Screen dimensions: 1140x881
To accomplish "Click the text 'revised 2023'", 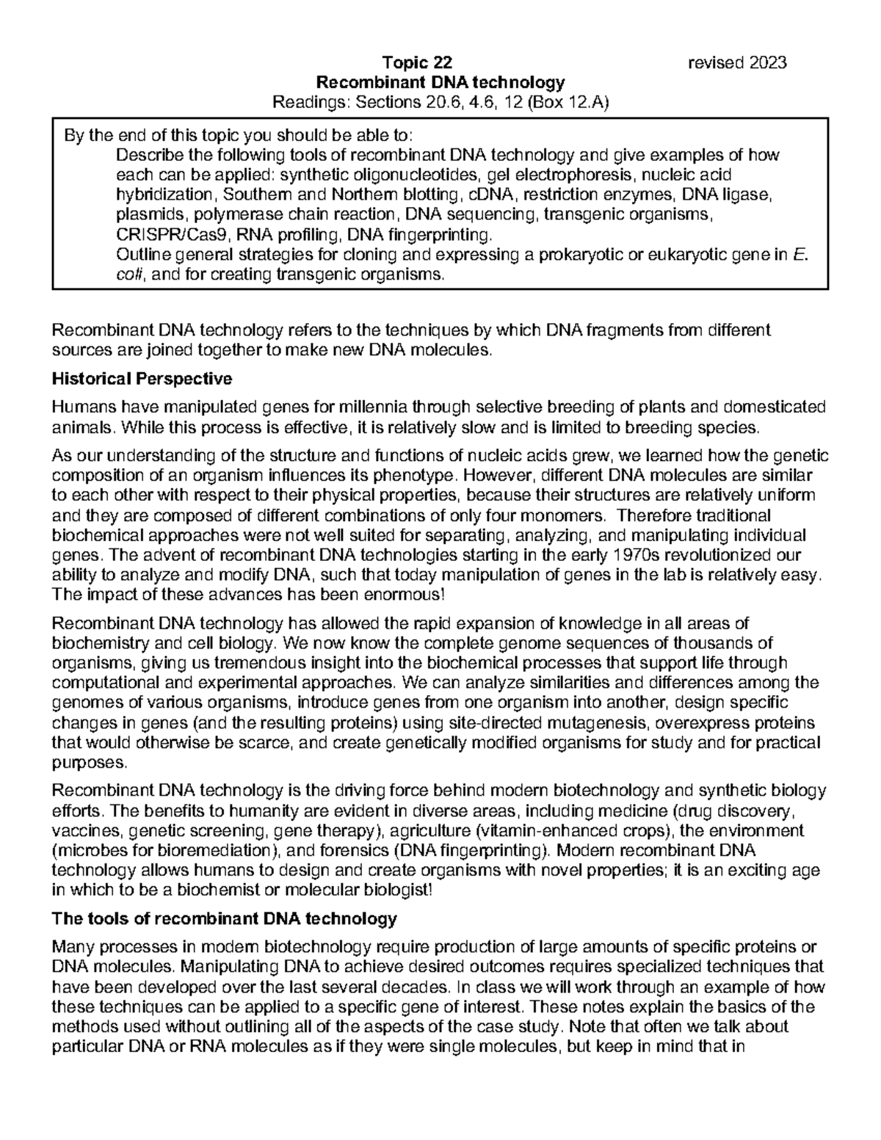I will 737,62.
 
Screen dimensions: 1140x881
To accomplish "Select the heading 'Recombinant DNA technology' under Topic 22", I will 440,82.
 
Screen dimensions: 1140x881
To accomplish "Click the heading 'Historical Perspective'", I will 142,380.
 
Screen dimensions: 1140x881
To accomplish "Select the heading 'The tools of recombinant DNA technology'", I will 225,918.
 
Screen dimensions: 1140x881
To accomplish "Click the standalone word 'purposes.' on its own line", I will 80,763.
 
